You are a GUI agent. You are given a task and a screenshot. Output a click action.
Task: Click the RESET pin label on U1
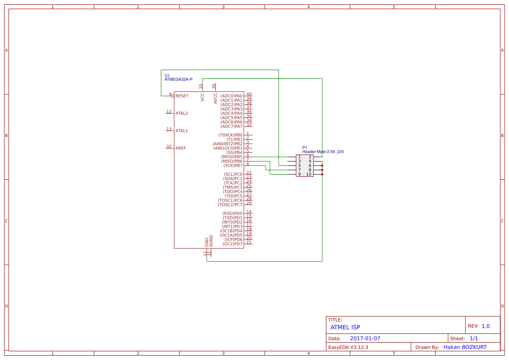[182, 96]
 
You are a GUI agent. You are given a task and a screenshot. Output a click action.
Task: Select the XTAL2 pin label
[182, 113]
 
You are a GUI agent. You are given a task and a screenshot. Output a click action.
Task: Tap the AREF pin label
[181, 148]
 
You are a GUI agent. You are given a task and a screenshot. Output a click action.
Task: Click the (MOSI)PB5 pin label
[232, 157]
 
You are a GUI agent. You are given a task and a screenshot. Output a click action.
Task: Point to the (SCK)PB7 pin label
[233, 165]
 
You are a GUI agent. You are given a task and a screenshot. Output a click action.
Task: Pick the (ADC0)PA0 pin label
[231, 96]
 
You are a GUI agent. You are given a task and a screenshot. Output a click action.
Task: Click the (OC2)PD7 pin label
[233, 244]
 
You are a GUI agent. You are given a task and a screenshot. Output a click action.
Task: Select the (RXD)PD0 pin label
[233, 213]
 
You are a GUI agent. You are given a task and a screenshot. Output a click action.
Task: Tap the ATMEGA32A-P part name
[179, 80]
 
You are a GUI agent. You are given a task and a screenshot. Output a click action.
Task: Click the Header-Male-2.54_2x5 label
[323, 152]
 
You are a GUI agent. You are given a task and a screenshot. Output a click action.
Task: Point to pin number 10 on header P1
[309, 174]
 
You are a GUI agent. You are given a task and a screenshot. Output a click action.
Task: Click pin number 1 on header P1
[300, 157]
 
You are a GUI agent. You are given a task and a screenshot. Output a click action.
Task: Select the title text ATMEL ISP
[345, 327]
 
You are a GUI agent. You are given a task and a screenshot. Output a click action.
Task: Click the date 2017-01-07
[365, 338]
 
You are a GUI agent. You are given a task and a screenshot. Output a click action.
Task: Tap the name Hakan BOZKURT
[465, 347]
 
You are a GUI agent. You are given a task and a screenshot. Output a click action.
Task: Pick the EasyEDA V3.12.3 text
[348, 347]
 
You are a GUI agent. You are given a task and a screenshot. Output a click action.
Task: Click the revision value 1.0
[485, 326]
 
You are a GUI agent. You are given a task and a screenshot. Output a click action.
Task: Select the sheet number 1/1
[474, 338]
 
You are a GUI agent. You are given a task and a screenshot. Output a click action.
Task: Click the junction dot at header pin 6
[322, 165]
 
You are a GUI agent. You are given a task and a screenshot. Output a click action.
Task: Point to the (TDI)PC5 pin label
[233, 196]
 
